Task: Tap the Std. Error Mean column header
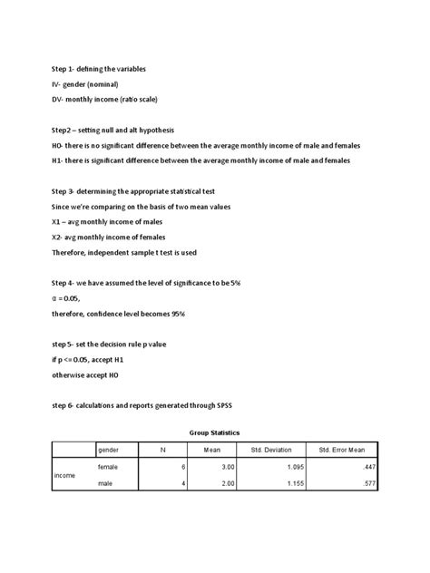tap(343, 450)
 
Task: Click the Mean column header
tap(212, 450)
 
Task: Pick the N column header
tap(162, 450)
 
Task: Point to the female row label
tap(108, 465)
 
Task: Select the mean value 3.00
tap(229, 465)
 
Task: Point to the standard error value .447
tap(368, 465)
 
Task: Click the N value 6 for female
tap(183, 465)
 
